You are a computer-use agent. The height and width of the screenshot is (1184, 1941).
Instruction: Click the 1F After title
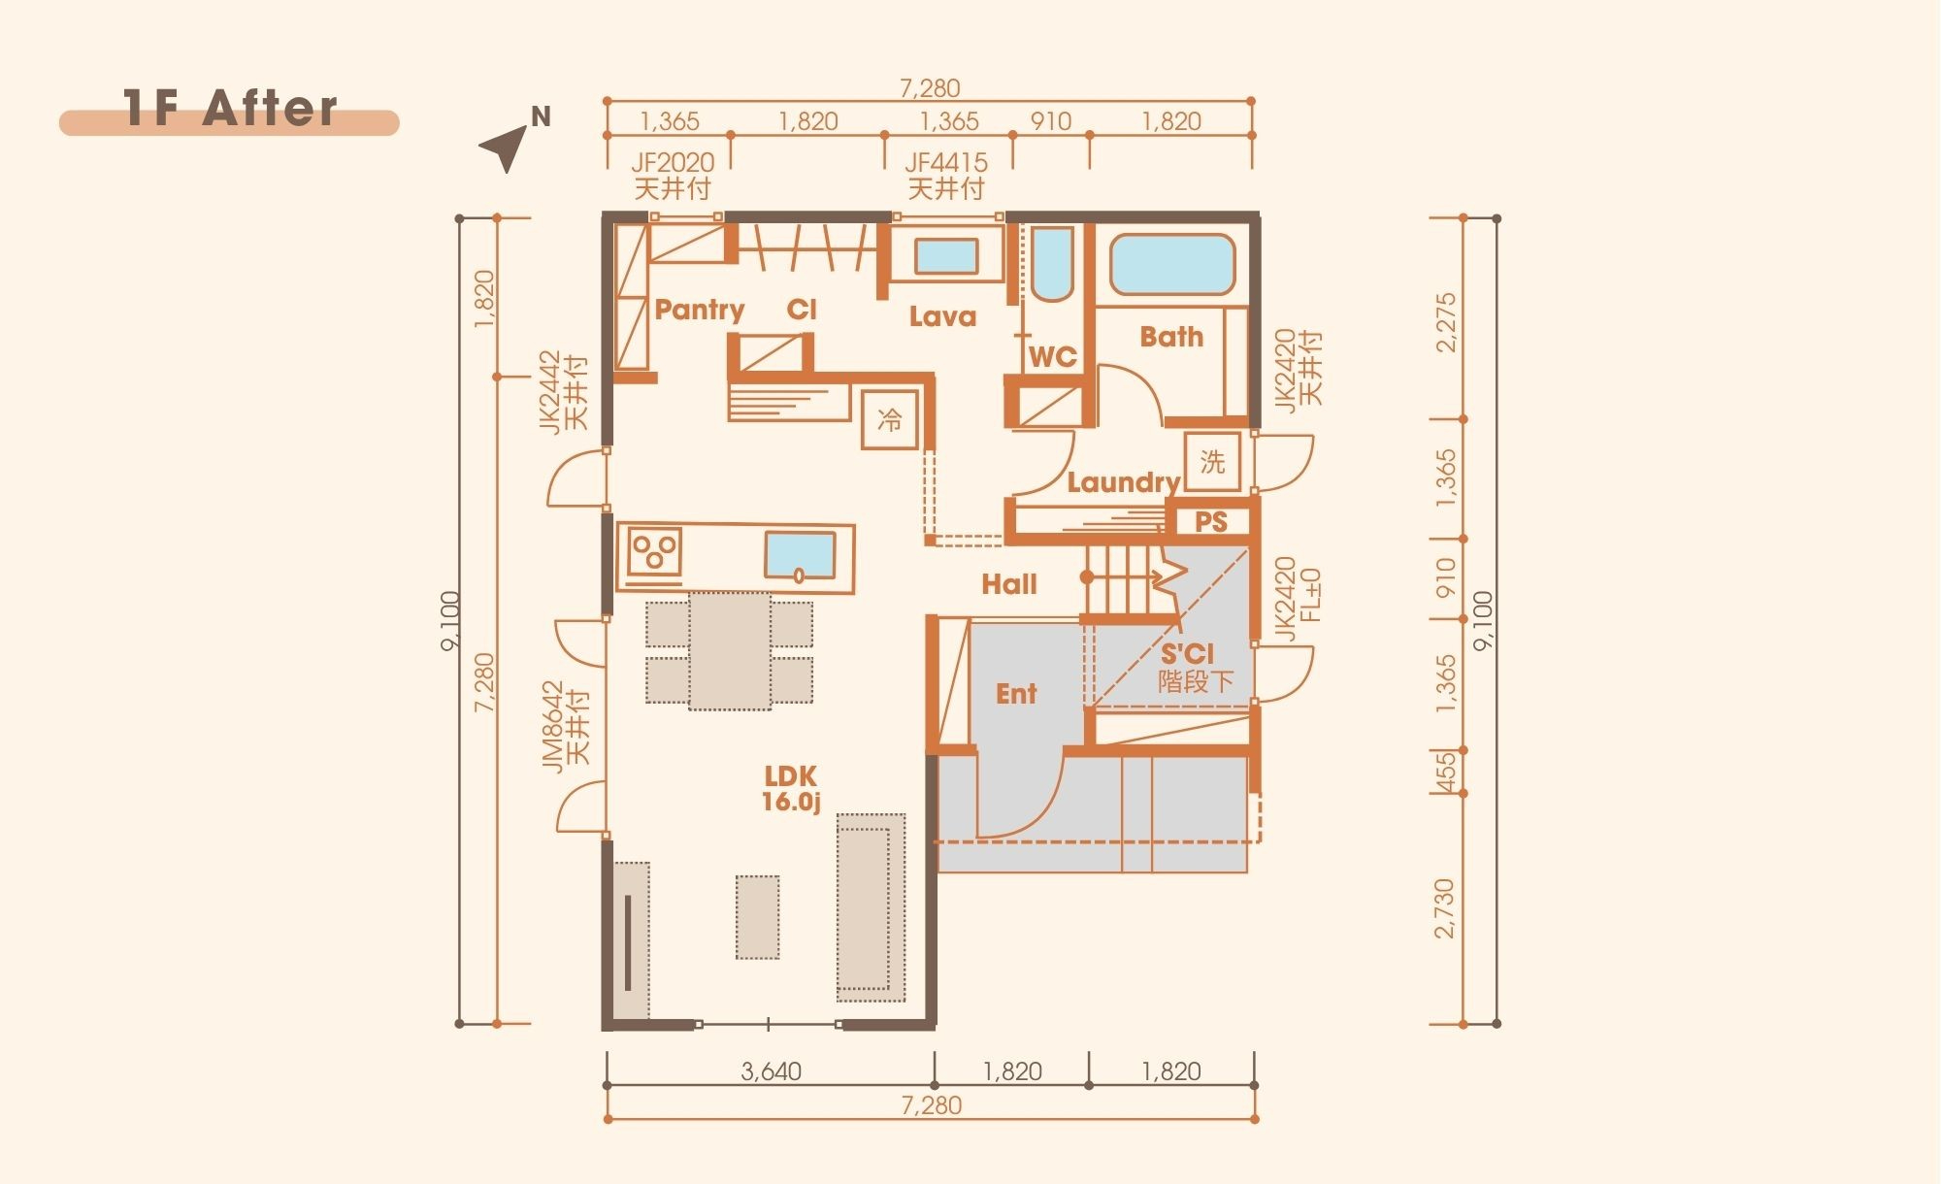coord(231,108)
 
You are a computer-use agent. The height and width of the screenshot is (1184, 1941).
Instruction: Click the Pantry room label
coord(699,310)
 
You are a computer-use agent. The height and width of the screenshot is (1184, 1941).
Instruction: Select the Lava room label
coord(942,316)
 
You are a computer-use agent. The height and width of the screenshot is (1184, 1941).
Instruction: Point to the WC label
coord(1052,357)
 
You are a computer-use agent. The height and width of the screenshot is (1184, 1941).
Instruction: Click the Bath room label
coord(1171,337)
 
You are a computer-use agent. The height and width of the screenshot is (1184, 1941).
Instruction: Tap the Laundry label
coord(1123,482)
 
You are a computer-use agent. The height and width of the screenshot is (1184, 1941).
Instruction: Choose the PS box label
coord(1210,522)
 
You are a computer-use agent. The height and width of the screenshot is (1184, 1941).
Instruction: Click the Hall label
coord(1008,584)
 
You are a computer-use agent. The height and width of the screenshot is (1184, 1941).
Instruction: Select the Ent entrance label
coord(1016,694)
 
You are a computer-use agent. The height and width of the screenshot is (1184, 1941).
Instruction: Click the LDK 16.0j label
coord(791,789)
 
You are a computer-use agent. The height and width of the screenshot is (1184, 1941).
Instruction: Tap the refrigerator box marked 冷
coord(889,419)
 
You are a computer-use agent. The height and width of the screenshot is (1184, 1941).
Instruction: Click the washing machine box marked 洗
coord(1212,462)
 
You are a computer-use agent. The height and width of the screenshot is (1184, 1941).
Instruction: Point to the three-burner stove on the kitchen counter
coord(654,552)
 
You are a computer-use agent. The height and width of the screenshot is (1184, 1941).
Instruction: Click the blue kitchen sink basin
coord(800,555)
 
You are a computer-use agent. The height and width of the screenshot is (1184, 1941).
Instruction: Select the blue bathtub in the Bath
coord(1172,263)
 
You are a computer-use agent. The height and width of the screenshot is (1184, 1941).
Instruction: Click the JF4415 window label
coord(946,162)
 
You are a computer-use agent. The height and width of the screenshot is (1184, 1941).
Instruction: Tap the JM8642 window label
coord(552,726)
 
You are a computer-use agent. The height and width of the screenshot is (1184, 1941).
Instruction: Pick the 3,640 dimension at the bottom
coord(771,1071)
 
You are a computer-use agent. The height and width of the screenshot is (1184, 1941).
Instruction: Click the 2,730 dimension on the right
coord(1444,908)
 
